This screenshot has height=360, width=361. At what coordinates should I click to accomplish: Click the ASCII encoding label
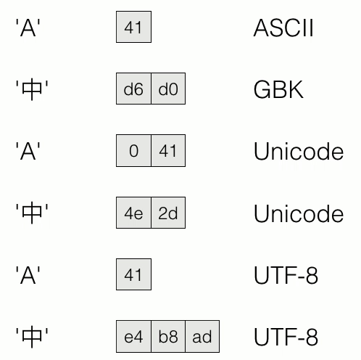(x=283, y=28)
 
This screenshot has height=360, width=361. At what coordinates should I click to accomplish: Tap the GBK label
(x=278, y=89)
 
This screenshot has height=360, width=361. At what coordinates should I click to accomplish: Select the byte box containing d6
(x=133, y=89)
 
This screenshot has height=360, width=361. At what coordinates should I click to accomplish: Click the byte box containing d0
(x=168, y=89)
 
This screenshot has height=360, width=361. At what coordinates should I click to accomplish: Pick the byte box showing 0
(x=133, y=150)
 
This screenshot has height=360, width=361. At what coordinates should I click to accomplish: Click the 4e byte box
(x=133, y=213)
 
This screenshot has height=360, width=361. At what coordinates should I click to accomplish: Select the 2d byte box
(x=168, y=213)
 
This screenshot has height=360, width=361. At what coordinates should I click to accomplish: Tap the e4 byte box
(x=133, y=337)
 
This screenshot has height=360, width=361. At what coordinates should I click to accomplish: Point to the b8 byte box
(x=168, y=337)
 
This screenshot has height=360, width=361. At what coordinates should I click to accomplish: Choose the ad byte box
(x=202, y=337)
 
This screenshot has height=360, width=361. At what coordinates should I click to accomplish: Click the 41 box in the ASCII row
(x=133, y=27)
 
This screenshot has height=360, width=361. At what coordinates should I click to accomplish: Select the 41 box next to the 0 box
(x=168, y=150)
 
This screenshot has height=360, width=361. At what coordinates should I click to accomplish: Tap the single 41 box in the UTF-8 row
(x=133, y=274)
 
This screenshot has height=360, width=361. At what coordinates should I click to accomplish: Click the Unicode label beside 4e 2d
(x=299, y=213)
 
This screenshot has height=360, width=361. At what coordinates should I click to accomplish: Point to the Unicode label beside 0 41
(x=299, y=151)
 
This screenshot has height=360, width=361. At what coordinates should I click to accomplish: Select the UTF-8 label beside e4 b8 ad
(x=286, y=337)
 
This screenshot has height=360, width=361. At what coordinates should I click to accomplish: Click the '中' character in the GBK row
(x=32, y=89)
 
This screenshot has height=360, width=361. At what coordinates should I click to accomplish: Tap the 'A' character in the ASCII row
(x=28, y=28)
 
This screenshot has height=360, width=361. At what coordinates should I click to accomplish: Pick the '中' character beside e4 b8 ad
(x=32, y=337)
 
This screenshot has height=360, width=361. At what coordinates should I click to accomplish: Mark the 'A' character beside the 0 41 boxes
(x=28, y=151)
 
